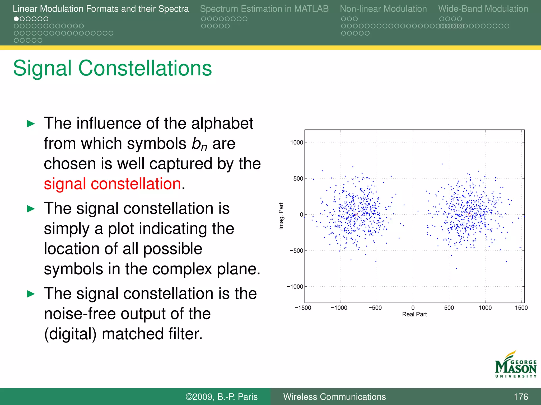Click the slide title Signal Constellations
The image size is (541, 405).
pyautogui.click(x=112, y=68)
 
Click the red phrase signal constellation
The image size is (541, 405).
pyautogui.click(x=112, y=184)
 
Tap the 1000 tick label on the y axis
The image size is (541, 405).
pyautogui.click(x=296, y=143)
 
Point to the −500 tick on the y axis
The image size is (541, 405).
pyautogui.click(x=296, y=251)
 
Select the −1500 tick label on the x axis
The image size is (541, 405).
pyautogui.click(x=303, y=308)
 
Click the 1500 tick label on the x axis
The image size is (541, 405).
pyautogui.click(x=521, y=308)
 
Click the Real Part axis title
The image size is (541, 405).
pyautogui.click(x=414, y=314)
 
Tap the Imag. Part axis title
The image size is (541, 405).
pyautogui.click(x=281, y=216)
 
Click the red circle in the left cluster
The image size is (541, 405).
pyautogui.click(x=356, y=215)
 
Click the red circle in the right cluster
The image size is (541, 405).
pyautogui.click(x=470, y=215)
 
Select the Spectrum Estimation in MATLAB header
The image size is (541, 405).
pyautogui.click(x=264, y=9)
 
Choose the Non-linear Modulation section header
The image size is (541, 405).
pyautogui.click(x=383, y=9)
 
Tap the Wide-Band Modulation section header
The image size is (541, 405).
pyautogui.click(x=483, y=9)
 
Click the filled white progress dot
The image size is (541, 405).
pyautogui.click(x=16, y=19)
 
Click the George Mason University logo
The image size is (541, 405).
pyautogui.click(x=516, y=365)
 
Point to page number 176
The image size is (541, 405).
pyautogui.click(x=521, y=397)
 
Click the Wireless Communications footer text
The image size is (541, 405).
pyautogui.click(x=334, y=397)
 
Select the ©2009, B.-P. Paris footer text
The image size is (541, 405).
pyautogui.click(x=221, y=397)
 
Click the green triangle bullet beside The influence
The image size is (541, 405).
pyautogui.click(x=31, y=124)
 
